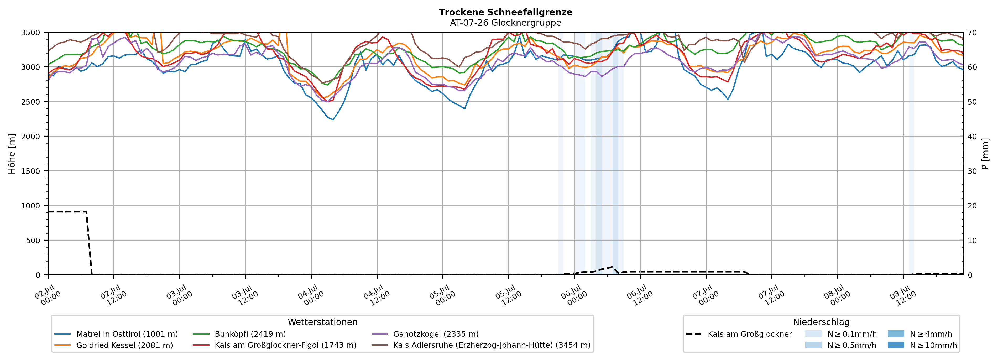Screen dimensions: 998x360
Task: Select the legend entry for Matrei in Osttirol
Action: tap(116, 334)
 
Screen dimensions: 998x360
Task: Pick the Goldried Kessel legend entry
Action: tap(114, 345)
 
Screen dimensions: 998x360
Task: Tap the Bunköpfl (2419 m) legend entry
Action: tap(239, 334)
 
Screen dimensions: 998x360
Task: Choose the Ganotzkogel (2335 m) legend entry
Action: tap(425, 334)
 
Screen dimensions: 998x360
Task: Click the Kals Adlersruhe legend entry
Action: tap(481, 345)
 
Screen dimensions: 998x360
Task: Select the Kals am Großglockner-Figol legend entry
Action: tap(274, 345)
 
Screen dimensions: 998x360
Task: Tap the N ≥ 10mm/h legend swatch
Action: tap(896, 345)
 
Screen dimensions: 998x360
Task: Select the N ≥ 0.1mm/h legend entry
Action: tap(841, 334)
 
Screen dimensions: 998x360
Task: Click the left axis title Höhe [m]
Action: tap(12, 154)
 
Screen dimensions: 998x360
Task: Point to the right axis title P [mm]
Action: tap(986, 154)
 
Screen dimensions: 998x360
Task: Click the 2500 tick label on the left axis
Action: tap(31, 102)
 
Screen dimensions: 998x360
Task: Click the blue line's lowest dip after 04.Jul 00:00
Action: tap(333, 119)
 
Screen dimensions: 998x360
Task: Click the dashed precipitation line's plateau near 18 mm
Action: tap(67, 212)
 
